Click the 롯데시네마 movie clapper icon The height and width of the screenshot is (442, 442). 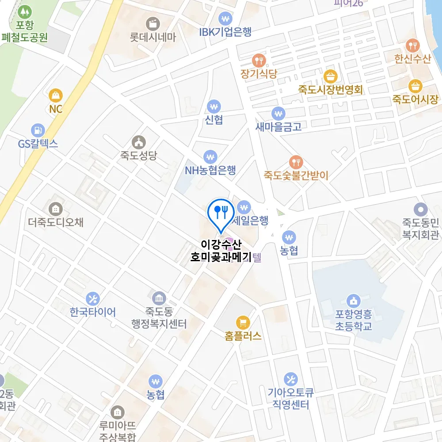(x=153, y=23)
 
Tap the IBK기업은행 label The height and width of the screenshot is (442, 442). (x=225, y=32)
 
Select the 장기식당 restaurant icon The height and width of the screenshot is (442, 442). (x=259, y=60)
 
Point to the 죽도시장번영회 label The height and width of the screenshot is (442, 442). (x=330, y=90)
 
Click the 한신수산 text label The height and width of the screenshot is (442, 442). (x=413, y=59)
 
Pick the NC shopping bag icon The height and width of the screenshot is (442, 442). (x=56, y=95)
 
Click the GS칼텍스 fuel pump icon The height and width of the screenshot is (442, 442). (x=38, y=130)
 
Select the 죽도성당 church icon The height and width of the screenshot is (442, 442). (x=139, y=142)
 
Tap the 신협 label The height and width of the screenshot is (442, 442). (x=214, y=120)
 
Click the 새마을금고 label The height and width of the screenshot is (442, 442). (x=278, y=126)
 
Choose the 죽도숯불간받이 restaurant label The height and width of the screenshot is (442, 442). (x=296, y=175)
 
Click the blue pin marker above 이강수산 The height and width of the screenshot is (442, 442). (x=220, y=212)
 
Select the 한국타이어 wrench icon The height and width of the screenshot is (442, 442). (x=93, y=299)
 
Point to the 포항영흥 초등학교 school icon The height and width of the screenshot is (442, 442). (x=353, y=301)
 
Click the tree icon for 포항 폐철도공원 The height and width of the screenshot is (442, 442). (x=25, y=10)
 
